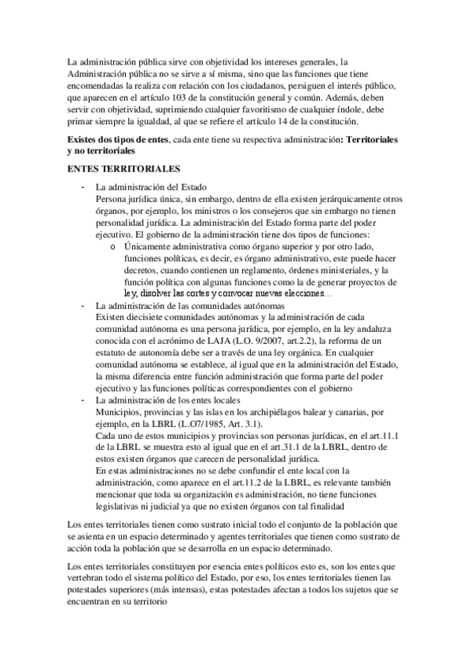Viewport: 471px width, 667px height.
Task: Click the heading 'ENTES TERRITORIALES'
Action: coord(113,168)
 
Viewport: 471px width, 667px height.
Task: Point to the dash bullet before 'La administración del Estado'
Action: coord(83,187)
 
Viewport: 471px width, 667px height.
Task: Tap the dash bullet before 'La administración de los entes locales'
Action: coord(83,400)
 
